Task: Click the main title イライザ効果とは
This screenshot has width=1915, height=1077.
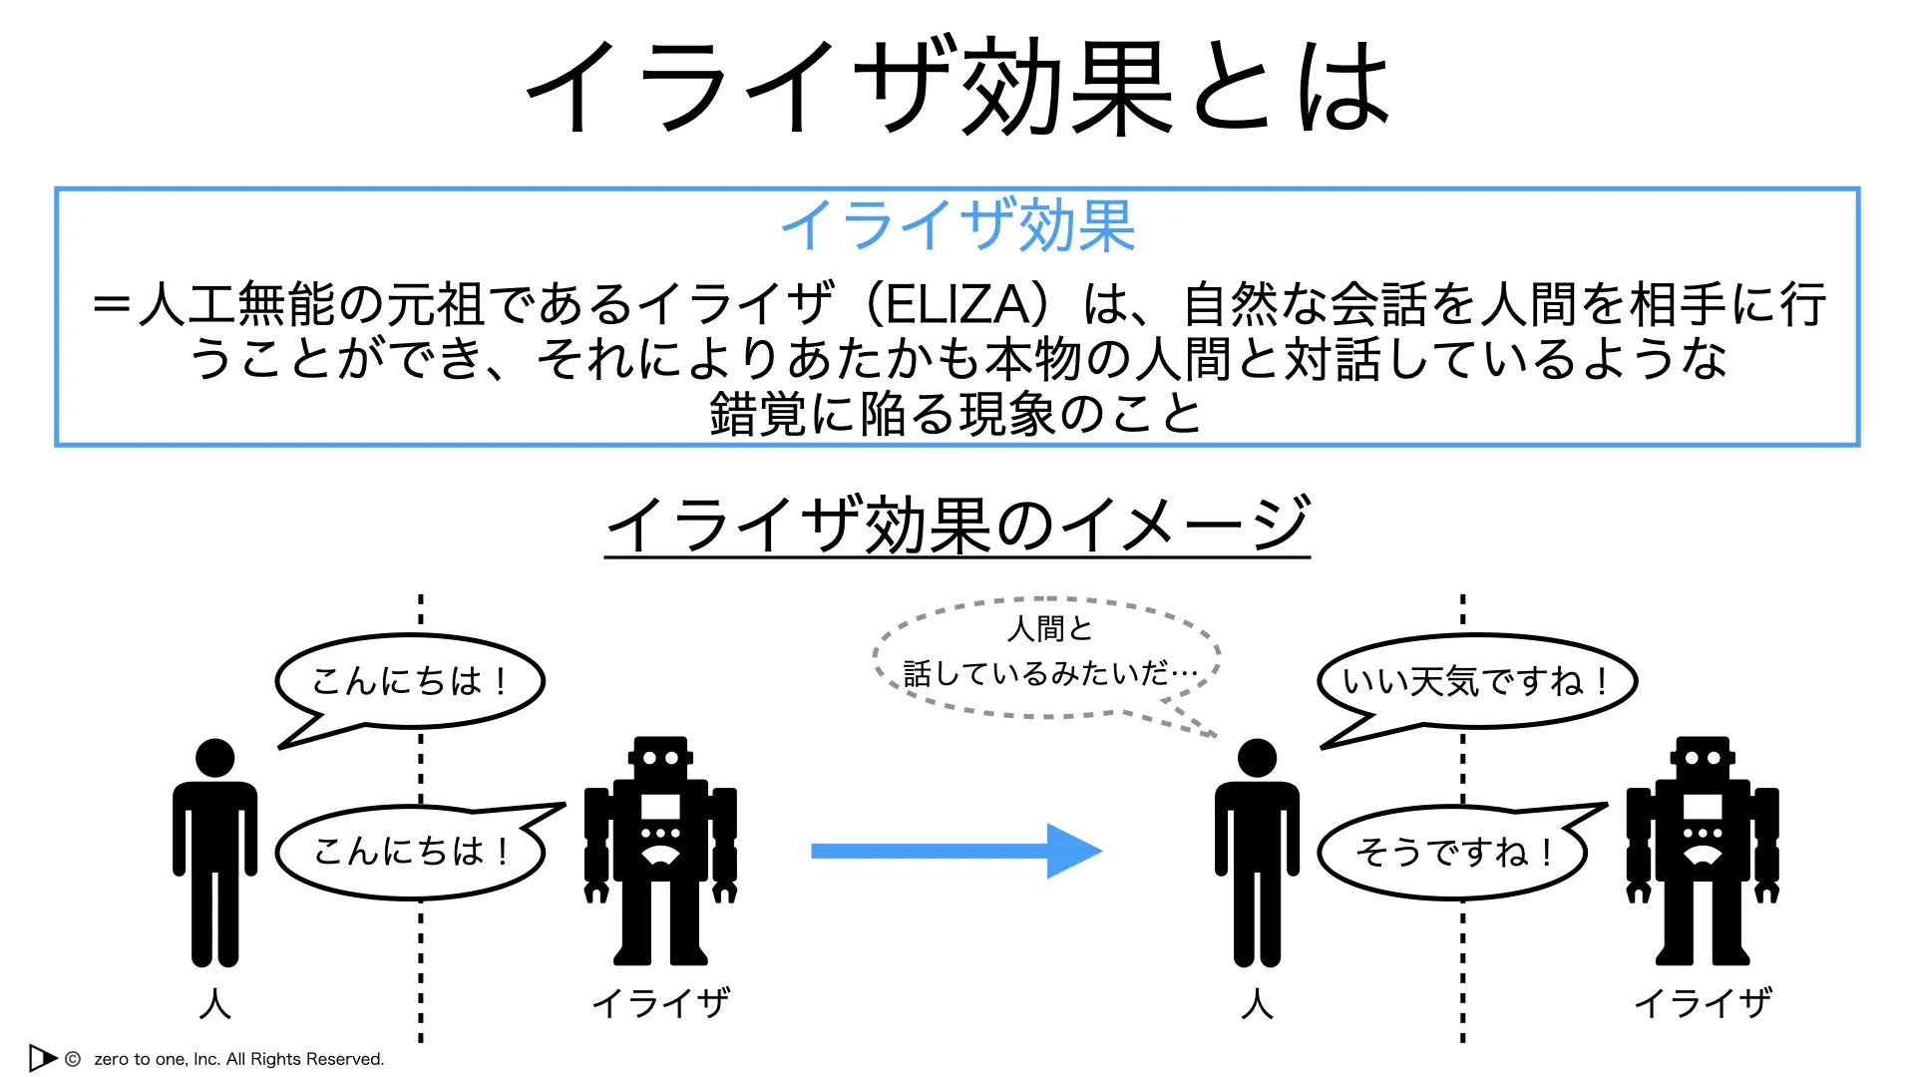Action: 957,88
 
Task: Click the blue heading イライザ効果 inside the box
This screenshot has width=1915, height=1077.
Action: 957,225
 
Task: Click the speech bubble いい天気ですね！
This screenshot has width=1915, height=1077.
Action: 1476,682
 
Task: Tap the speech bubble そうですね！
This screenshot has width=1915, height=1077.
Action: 1452,853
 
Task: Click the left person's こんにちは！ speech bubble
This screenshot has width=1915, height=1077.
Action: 410,682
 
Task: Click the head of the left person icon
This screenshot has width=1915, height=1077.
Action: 214,759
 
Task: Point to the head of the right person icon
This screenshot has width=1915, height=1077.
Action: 1257,759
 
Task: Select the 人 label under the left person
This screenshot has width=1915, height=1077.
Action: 214,1003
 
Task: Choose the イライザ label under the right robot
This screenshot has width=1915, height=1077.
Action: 1703,1003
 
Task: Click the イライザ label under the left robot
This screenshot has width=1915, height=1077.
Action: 660,1003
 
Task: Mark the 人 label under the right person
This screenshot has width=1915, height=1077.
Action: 1257,1003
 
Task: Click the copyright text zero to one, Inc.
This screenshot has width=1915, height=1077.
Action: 238,1059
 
